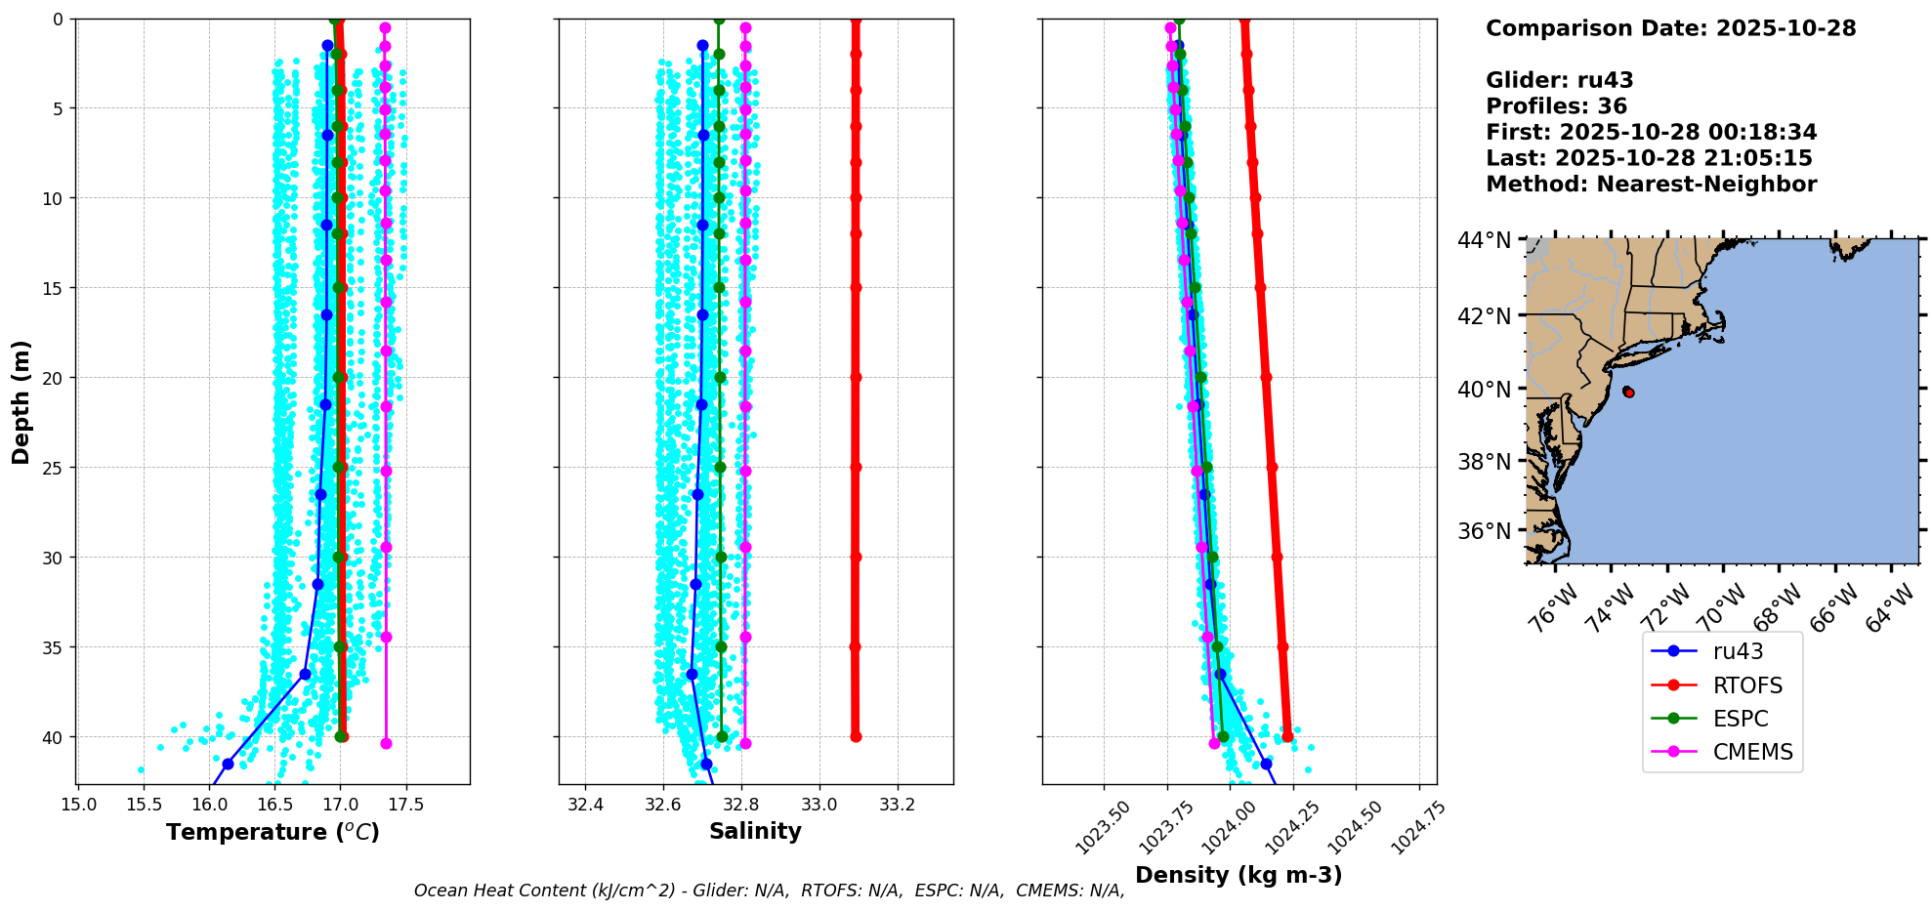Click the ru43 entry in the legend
coord(1738,651)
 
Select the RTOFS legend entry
coord(1747,685)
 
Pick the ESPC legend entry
coord(1741,719)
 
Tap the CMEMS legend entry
coord(1752,752)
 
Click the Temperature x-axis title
coord(273,832)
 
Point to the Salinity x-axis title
coord(755,831)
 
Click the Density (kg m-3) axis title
coord(1239,875)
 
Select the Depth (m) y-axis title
coord(21,402)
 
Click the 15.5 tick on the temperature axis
coord(144,805)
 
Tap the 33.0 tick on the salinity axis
coord(819,805)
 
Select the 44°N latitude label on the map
coord(1484,240)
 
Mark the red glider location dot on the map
coord(1628,393)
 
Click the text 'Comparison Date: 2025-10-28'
coord(1670,28)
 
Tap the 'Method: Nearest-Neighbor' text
coord(1651,185)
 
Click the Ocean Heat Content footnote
coord(769,891)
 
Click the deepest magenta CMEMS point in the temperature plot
coord(386,744)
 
